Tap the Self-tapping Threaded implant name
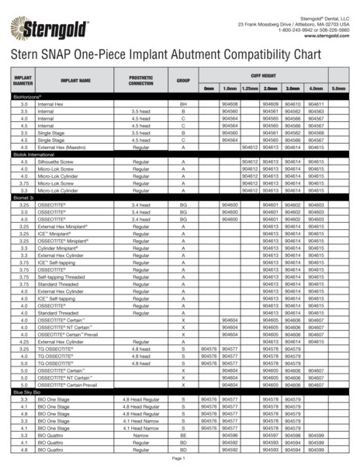(x=61, y=276)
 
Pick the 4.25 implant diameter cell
(x=24, y=341)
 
